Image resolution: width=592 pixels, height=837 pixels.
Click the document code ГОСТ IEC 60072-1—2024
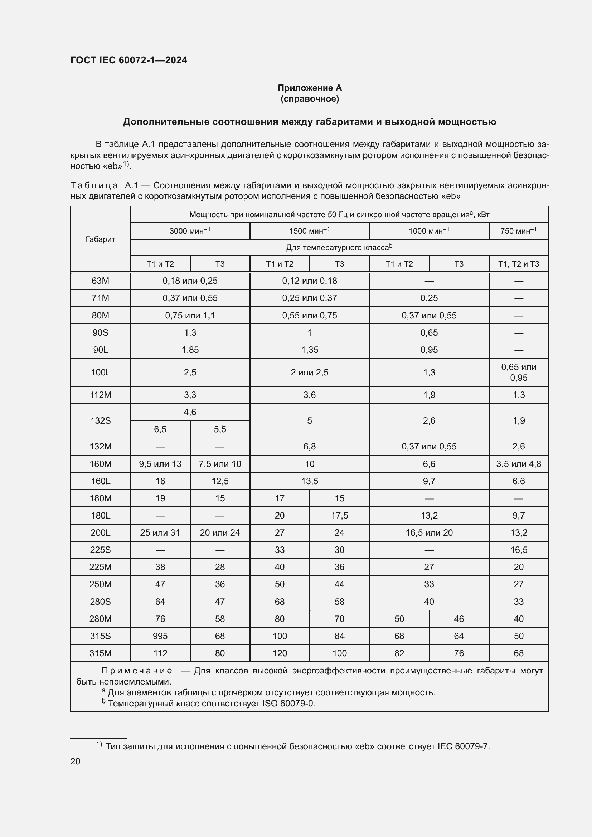pos(129,60)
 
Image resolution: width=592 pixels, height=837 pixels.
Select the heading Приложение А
pos(310,88)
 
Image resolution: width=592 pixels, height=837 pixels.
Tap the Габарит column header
pos(100,239)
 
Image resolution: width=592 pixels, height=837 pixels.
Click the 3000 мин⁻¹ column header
pos(190,231)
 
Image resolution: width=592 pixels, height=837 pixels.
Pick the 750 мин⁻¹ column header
pos(518,231)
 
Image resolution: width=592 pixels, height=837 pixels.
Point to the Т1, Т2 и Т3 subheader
pos(518,264)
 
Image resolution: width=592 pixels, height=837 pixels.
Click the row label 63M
pos(100,281)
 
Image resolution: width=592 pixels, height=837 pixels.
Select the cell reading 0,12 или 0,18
pos(310,281)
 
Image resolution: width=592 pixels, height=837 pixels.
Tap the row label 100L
pos(100,372)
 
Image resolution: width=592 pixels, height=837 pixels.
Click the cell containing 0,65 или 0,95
pos(518,372)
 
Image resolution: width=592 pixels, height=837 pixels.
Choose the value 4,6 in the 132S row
pos(190,412)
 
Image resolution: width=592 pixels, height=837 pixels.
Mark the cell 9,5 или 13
pos(160,464)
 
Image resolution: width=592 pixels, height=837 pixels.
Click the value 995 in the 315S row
pos(160,636)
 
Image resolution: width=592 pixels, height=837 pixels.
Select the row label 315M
pos(100,653)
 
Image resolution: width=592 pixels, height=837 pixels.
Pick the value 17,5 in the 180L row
pos(339,515)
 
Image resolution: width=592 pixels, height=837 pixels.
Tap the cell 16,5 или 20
pos(429,532)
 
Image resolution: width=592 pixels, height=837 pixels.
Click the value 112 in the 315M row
pos(160,653)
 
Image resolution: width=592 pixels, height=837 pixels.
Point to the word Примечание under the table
pos(137,671)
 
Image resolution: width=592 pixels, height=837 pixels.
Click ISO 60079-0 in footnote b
pos(288,703)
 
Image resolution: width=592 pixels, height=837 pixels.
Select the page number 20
pos(76,761)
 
